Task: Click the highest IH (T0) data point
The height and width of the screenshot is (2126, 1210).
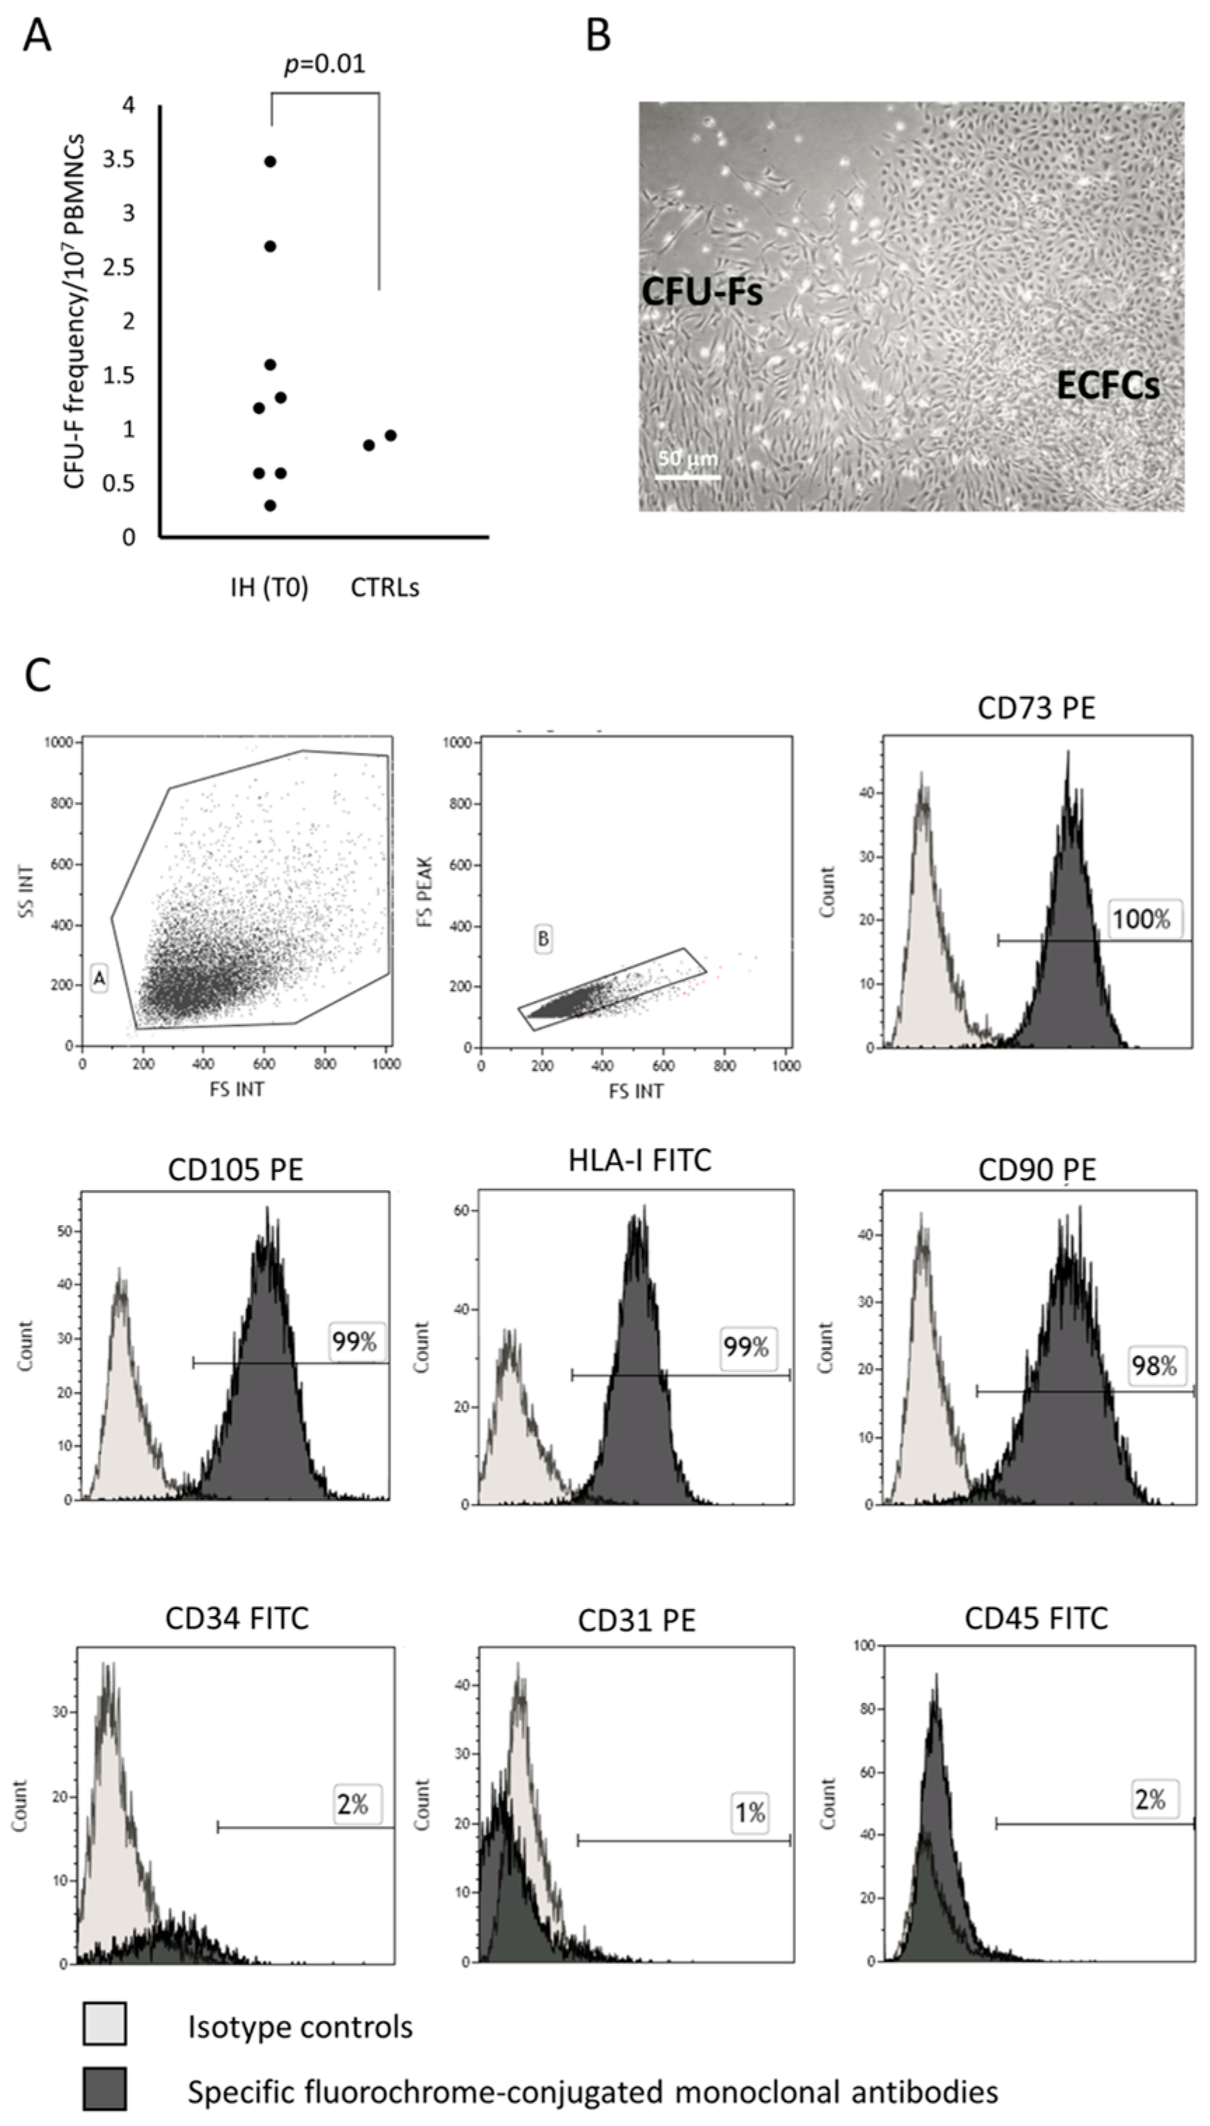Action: point(270,161)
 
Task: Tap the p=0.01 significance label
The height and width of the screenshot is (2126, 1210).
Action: point(325,64)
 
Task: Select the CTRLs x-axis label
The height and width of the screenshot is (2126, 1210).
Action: point(384,588)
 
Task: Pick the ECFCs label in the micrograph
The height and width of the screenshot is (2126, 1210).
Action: point(1108,386)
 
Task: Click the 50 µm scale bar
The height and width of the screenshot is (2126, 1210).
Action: point(687,477)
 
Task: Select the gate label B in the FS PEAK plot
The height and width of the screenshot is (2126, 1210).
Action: point(543,939)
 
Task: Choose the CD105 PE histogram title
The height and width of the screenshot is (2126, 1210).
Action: point(235,1169)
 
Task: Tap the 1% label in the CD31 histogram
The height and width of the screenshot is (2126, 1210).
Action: point(749,1812)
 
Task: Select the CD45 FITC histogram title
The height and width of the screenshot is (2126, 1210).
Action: point(1036,1618)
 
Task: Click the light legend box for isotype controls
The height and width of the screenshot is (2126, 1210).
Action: point(105,2023)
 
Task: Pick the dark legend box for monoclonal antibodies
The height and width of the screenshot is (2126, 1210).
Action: point(105,2089)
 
